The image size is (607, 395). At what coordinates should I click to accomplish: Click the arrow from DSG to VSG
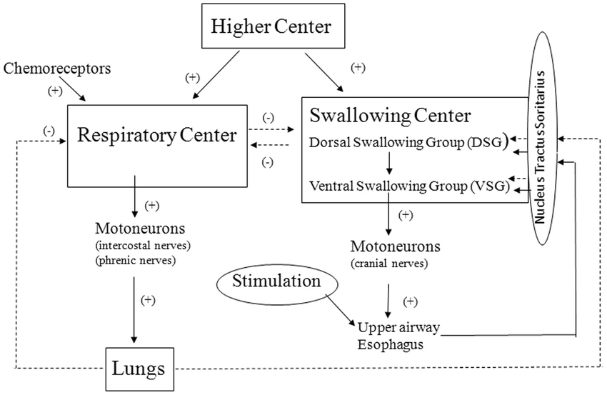(x=388, y=164)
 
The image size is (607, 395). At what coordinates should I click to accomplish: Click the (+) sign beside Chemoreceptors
(x=54, y=91)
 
